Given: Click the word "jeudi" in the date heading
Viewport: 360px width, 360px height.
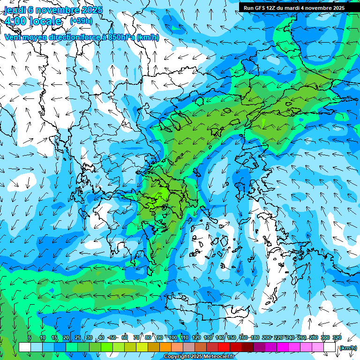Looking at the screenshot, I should pyautogui.click(x=15, y=10).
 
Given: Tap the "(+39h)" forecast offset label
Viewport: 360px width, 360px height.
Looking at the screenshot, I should pyautogui.click(x=81, y=21).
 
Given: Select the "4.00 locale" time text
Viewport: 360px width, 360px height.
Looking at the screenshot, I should pyautogui.click(x=33, y=21).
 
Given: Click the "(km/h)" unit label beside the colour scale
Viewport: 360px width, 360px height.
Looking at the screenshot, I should pyautogui.click(x=348, y=348).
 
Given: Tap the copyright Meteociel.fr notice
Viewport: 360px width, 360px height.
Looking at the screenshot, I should pyautogui.click(x=198, y=357).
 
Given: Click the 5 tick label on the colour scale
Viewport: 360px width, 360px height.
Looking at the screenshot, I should pyautogui.click(x=29, y=338).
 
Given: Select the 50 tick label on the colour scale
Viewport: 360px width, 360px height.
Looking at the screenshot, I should pyautogui.click(x=112, y=338).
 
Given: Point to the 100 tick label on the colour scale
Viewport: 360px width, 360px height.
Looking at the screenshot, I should pyautogui.click(x=172, y=338).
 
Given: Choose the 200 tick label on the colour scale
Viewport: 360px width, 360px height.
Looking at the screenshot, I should pyautogui.click(x=266, y=338).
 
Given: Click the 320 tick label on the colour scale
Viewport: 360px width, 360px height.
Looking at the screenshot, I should pyautogui.click(x=337, y=338).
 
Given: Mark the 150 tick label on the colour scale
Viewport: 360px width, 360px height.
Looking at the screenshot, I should pyautogui.click(x=232, y=338).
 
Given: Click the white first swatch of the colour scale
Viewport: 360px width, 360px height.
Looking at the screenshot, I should pyautogui.click(x=25, y=347).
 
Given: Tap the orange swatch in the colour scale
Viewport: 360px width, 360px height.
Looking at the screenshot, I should pyautogui.click(x=165, y=347).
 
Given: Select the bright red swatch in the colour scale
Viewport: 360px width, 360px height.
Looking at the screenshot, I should pyautogui.click(x=224, y=347).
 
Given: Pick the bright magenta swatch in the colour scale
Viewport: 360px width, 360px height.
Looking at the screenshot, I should pyautogui.click(x=283, y=347).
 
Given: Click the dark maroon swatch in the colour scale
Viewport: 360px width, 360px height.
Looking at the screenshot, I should pyautogui.click(x=247, y=347).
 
